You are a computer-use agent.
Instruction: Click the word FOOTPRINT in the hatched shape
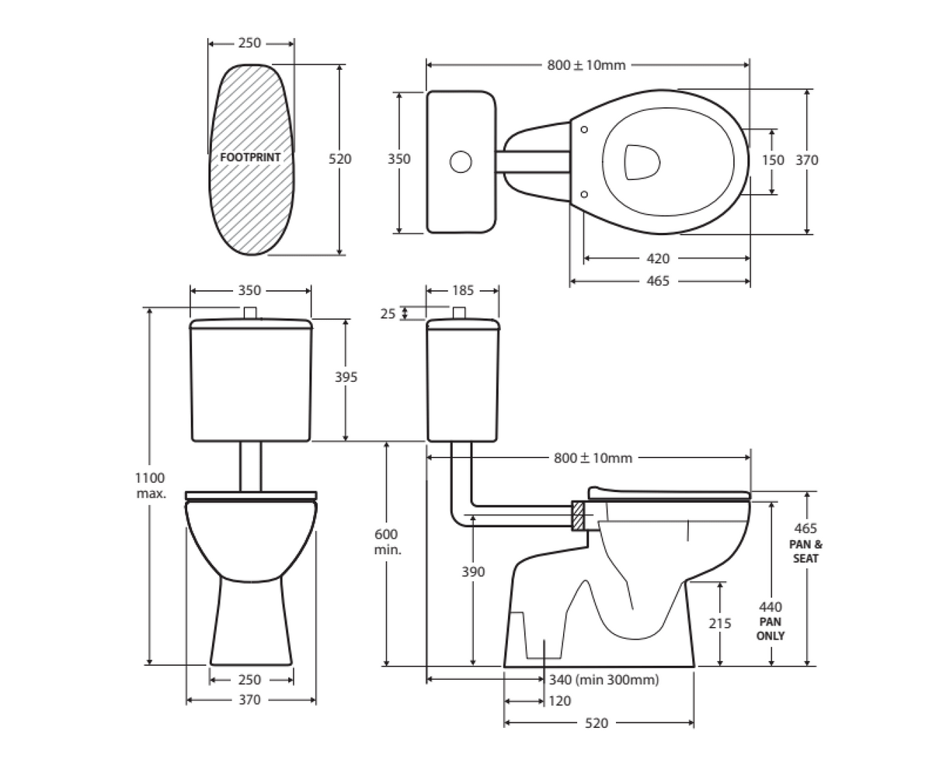click(x=249, y=157)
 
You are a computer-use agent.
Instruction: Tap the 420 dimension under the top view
click(x=657, y=258)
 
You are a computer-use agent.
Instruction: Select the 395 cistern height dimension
click(x=346, y=377)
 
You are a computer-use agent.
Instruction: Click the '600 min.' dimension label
click(x=386, y=542)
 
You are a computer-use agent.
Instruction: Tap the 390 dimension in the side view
click(x=472, y=572)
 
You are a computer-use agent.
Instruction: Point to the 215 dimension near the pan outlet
click(x=720, y=622)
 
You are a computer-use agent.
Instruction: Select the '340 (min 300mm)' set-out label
click(x=604, y=680)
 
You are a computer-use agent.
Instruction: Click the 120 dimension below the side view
click(x=559, y=702)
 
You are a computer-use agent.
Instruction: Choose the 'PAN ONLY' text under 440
click(x=770, y=629)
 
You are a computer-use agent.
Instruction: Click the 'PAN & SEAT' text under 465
click(x=806, y=551)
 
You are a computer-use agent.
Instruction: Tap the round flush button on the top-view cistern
click(x=461, y=161)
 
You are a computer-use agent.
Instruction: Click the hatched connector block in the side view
click(x=578, y=516)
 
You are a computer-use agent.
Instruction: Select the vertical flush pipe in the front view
click(x=250, y=466)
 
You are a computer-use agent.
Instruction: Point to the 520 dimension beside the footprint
click(x=339, y=159)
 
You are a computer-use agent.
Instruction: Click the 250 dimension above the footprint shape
click(x=249, y=43)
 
